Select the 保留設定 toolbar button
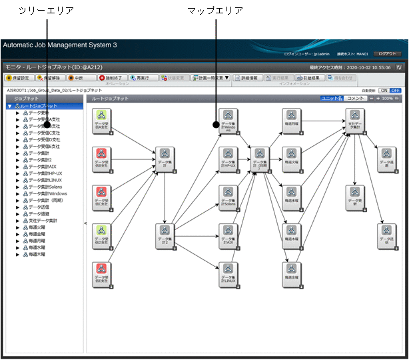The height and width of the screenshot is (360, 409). [x=19, y=77]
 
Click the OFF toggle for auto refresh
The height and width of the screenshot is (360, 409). [x=395, y=90]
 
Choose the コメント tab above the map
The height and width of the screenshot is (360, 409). [x=356, y=98]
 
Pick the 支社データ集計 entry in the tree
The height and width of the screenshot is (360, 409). [x=44, y=220]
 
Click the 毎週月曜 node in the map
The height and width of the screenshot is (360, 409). [x=292, y=121]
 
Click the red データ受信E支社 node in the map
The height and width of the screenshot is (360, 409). [x=102, y=273]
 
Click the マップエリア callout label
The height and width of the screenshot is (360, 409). [x=215, y=11]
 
